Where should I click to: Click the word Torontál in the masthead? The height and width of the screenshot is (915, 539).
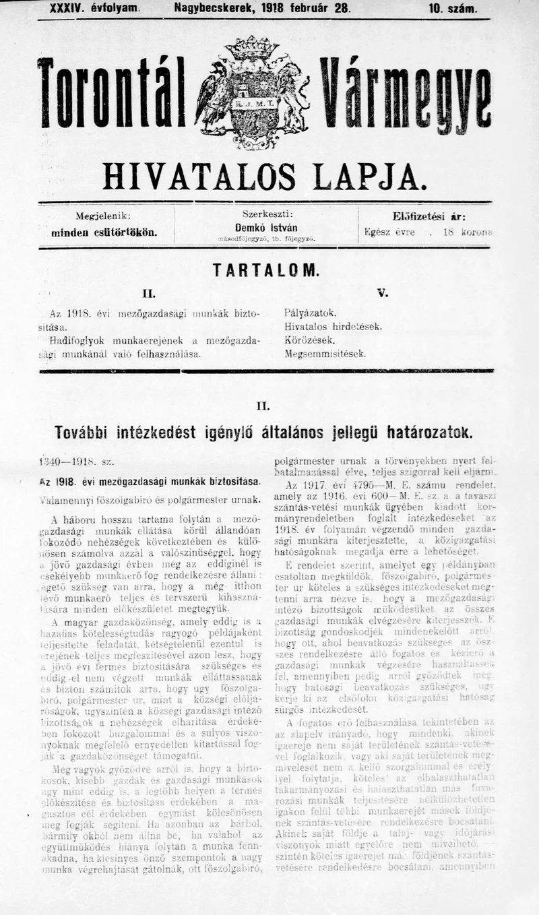click(x=112, y=94)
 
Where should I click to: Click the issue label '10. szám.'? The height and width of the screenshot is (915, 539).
click(x=453, y=9)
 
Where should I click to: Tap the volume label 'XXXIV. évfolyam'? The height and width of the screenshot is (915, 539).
click(x=94, y=9)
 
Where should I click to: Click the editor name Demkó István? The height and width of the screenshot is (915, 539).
click(x=265, y=228)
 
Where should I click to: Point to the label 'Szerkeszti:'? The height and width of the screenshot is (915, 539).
click(x=265, y=215)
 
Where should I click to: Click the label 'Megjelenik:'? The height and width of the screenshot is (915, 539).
click(x=103, y=216)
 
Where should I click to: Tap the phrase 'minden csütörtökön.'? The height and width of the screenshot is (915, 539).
click(x=104, y=232)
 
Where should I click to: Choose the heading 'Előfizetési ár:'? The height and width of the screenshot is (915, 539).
click(x=429, y=216)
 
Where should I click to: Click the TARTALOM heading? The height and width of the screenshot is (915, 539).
click(x=265, y=270)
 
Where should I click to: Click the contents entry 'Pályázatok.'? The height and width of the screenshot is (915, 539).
click(x=310, y=313)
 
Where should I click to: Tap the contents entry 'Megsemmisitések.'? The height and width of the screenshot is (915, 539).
click(x=325, y=353)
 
